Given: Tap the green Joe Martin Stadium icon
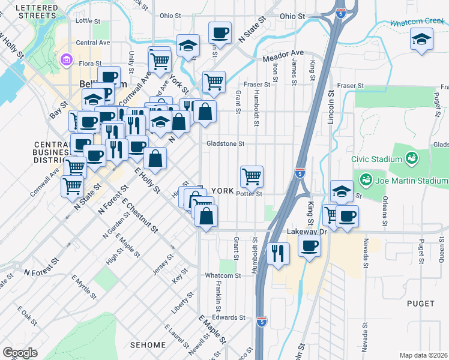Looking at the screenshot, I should coord(364,179).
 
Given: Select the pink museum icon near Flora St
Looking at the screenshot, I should coord(66,60).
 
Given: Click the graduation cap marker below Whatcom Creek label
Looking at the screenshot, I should coord(422,40).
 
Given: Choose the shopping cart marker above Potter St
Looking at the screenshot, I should coord(252,176).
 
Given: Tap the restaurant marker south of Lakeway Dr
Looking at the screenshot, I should coord(278,252).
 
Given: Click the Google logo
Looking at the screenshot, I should coord(19,353).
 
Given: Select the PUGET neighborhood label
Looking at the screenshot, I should coord(420,304).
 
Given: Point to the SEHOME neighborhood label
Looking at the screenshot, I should coord(148,345).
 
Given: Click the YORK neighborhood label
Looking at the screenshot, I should coord(222,191).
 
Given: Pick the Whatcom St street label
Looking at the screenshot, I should coord(222,275).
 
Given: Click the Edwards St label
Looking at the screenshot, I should coord(229,317).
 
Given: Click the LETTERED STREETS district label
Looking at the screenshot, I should coord(37,11).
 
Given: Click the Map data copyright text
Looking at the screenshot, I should coord(424,355).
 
